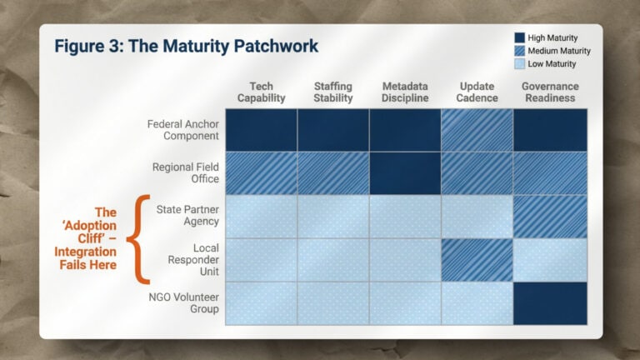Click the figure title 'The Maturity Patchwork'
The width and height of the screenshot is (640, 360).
186,46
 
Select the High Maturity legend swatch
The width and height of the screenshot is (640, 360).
519,37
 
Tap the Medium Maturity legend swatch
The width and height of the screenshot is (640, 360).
519,51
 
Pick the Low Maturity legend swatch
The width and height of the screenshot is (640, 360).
519,64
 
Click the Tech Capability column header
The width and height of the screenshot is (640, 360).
261,92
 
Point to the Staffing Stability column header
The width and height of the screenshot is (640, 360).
333,92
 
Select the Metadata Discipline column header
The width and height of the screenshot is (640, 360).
405,92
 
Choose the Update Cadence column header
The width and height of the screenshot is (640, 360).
477,92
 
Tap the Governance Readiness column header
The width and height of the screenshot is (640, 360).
550,92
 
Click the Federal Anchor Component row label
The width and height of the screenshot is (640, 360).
183,130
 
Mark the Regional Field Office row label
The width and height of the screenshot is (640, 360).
186,173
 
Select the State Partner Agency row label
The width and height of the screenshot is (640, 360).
187,216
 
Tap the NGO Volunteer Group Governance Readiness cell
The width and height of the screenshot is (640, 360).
550,303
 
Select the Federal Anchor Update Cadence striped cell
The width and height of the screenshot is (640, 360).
477,130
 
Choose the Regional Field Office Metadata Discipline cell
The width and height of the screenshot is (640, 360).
405,173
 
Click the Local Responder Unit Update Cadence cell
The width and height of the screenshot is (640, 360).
477,260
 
